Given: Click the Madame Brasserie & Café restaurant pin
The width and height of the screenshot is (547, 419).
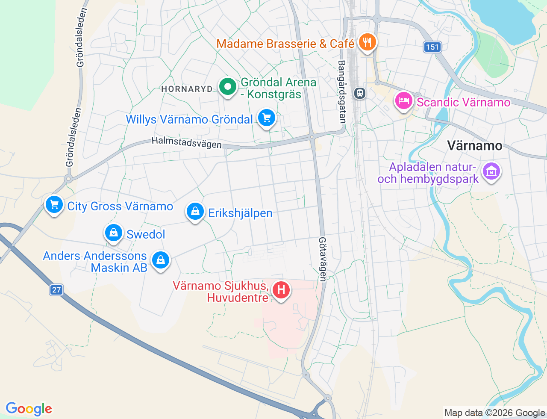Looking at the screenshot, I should pos(367,42).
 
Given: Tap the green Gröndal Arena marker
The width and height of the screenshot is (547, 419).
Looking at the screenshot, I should pos(228,87).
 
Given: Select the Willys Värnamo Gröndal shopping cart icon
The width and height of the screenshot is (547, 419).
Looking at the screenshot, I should pos(267,118).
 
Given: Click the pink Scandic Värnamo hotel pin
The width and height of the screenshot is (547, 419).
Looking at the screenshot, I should pos(403,101).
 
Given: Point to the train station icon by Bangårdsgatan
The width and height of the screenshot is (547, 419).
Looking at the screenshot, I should pos(360,93).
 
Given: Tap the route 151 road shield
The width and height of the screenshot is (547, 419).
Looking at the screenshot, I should pos(432,47).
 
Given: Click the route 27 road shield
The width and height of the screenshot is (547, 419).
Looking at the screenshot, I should pos(56,290).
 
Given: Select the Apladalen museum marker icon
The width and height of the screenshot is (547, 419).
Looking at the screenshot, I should pos(491,171).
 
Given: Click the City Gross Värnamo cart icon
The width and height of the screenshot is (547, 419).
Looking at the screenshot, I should pos(54,205).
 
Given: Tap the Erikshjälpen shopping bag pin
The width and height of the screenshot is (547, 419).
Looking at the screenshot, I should pos(195,212).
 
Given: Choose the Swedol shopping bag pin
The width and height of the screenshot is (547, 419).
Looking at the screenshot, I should pos(114,233).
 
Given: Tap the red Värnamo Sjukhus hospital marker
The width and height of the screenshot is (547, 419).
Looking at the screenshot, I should pos(281,290).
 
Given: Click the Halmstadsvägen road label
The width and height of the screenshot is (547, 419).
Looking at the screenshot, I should pos(187,142).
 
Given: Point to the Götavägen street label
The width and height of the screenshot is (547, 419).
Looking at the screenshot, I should pos(323,259).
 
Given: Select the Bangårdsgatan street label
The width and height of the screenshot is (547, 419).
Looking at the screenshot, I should pos(342,91).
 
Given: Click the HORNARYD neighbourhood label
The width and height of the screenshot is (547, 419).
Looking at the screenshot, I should pos(187,89).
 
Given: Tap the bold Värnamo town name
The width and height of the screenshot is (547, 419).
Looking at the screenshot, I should pos(474,146).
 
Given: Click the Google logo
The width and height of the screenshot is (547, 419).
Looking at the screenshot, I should pos(29,409).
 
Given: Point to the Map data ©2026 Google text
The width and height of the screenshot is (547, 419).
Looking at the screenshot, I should pos(494,413).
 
